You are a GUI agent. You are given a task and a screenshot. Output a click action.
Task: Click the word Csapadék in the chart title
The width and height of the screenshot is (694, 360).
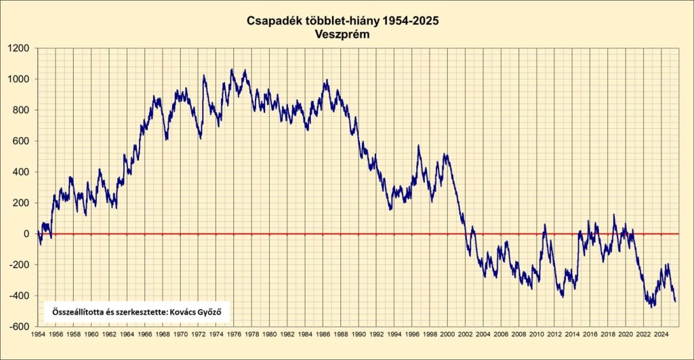273,21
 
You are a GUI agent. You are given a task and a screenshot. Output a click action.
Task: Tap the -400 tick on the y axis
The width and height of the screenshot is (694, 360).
20,296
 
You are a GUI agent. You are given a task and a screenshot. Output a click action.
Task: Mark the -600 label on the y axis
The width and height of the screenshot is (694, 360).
20,326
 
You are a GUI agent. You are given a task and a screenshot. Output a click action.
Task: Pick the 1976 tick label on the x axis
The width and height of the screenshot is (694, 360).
234,334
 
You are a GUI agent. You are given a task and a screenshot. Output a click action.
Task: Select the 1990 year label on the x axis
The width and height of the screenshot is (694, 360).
359,334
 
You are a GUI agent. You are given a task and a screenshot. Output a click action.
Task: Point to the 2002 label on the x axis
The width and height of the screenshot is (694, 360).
466,334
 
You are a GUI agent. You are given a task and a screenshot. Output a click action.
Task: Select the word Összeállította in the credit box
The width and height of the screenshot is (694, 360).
75,313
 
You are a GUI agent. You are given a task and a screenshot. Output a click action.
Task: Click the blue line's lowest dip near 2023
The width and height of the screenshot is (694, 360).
653,306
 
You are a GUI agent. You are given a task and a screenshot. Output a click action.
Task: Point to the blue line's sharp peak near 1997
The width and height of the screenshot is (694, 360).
418,146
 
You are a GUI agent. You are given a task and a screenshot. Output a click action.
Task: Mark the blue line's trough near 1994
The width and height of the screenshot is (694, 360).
390,209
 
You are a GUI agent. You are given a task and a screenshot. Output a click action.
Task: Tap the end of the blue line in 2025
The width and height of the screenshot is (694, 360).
676,301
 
